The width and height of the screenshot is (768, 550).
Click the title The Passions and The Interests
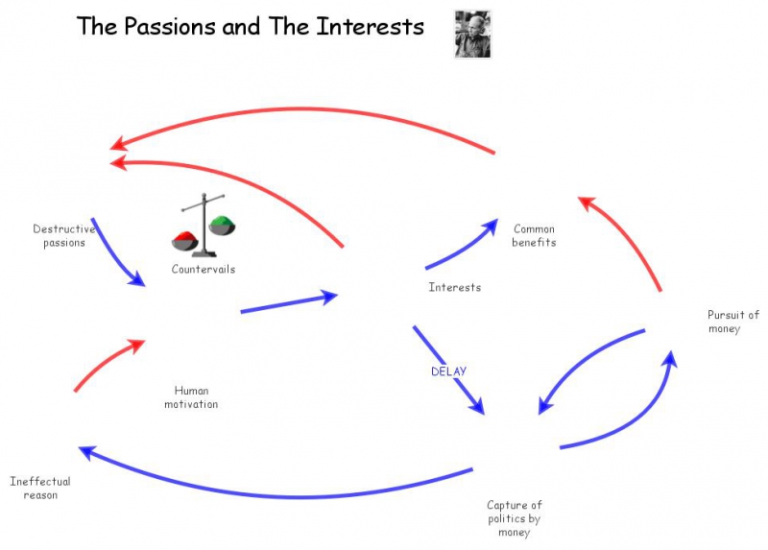click(x=250, y=27)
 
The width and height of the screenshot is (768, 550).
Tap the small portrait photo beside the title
click(x=472, y=35)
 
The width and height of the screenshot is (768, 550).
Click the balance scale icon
click(x=203, y=226)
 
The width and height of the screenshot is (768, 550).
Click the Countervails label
click(x=203, y=270)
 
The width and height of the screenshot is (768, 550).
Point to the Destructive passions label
click(x=64, y=235)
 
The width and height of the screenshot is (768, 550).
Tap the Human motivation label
click(x=191, y=397)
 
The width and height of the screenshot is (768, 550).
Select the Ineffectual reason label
click(x=40, y=488)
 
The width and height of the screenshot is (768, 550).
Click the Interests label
click(x=454, y=287)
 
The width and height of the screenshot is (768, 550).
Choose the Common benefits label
click(x=534, y=235)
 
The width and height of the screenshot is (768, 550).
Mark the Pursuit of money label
click(x=733, y=322)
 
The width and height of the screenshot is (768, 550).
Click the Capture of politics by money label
click(x=515, y=518)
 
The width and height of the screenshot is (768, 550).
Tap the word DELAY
click(x=448, y=371)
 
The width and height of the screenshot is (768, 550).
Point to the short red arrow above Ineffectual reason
click(x=106, y=362)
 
